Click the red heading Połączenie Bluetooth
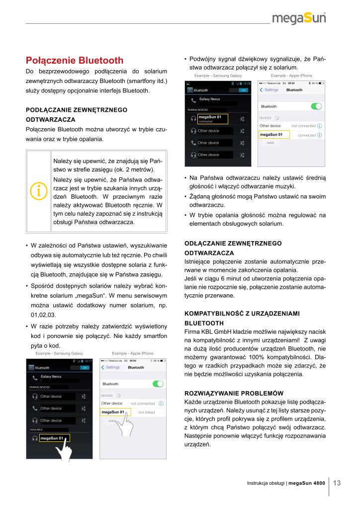(x=75, y=61)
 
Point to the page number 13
(x=337, y=483)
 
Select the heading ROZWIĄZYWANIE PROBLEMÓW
(x=234, y=392)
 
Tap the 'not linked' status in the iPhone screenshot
(x=146, y=412)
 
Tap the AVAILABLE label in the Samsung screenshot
(x=36, y=429)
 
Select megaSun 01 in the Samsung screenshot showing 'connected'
(x=209, y=117)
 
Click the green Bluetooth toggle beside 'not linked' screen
(x=158, y=384)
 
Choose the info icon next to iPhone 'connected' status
(x=319, y=135)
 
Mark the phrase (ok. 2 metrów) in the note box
(x=128, y=170)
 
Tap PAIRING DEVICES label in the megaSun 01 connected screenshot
(x=198, y=109)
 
